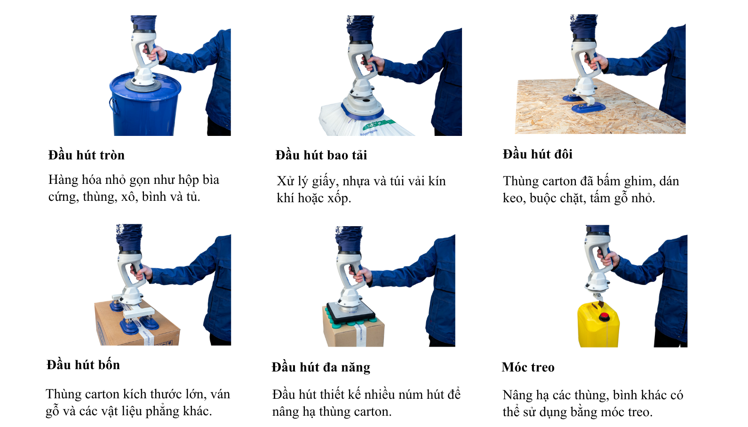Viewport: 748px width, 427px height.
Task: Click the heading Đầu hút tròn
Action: [86, 155]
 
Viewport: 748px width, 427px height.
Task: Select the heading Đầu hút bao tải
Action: [321, 155]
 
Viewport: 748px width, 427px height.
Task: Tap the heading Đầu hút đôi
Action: [537, 154]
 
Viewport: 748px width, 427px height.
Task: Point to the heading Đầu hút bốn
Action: [83, 365]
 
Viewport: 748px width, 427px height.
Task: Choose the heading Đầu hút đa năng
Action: [321, 367]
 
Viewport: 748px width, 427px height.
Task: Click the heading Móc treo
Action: [528, 367]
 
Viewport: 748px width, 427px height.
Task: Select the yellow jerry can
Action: [597, 329]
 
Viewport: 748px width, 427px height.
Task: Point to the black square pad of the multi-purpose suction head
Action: [350, 312]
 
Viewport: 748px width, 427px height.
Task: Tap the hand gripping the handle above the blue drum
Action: [156, 53]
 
